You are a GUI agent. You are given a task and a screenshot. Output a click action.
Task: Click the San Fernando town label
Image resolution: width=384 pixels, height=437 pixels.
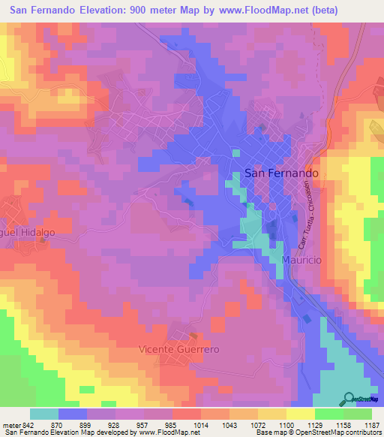click(282, 173)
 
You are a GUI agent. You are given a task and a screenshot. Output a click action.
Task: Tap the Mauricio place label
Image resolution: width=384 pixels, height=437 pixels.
click(301, 259)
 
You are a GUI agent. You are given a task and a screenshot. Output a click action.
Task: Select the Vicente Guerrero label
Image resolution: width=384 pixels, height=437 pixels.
click(178, 349)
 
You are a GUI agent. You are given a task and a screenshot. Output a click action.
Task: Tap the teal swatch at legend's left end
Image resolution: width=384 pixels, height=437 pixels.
click(44, 414)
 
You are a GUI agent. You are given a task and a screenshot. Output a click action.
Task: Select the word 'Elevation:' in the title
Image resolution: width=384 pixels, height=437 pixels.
click(109, 11)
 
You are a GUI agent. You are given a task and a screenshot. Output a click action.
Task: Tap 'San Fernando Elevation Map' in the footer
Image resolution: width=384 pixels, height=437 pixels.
click(47, 432)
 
